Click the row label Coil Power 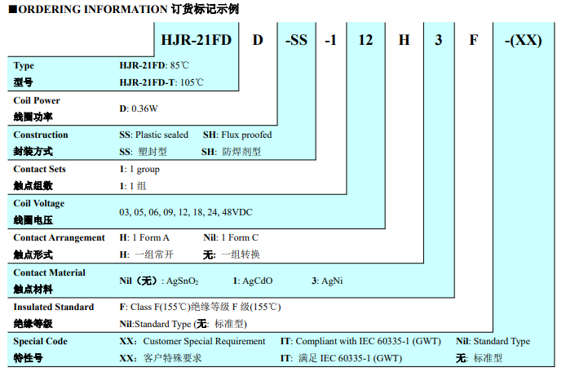click(37, 100)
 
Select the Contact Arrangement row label click(60, 237)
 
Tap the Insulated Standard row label click(54, 307)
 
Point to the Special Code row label click(41, 341)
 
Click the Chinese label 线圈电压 click(33, 220)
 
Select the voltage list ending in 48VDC click(186, 212)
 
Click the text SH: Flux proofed click(237, 135)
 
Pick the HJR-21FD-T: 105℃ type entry click(161, 82)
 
